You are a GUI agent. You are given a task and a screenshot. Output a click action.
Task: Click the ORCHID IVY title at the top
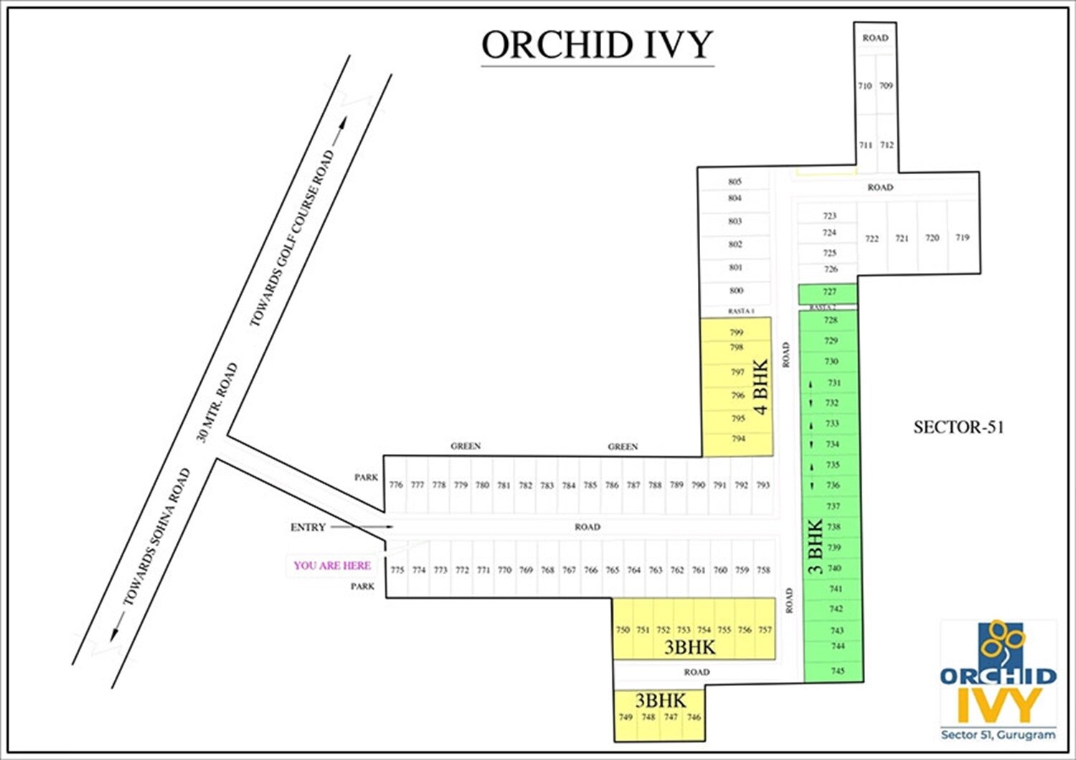tap(597, 44)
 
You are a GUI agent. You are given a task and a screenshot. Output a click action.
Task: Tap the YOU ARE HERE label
tap(332, 565)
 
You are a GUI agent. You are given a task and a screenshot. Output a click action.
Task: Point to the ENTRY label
tap(308, 527)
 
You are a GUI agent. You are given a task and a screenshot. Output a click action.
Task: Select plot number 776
tap(396, 485)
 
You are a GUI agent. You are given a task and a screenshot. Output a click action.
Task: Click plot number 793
tap(763, 485)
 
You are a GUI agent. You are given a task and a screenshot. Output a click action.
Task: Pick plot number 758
tap(763, 570)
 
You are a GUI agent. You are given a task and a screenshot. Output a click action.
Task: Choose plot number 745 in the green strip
tap(838, 671)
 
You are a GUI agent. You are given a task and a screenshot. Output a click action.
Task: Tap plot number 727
tap(830, 292)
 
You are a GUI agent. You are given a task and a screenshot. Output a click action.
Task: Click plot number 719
tap(963, 237)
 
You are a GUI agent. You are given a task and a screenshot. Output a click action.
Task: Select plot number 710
tap(865, 86)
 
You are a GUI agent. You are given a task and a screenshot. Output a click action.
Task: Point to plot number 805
tap(735, 182)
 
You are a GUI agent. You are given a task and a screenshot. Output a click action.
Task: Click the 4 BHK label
tap(760, 386)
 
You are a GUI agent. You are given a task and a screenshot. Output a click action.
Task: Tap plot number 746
tap(694, 717)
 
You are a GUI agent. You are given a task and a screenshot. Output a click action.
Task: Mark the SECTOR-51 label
tap(958, 427)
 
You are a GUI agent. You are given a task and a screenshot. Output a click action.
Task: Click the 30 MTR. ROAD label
tap(217, 402)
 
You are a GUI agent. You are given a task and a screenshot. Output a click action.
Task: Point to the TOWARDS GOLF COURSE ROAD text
tap(292, 238)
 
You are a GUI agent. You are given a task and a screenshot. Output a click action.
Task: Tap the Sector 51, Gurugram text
tap(998, 735)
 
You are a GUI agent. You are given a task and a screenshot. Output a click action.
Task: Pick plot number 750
tap(623, 630)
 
